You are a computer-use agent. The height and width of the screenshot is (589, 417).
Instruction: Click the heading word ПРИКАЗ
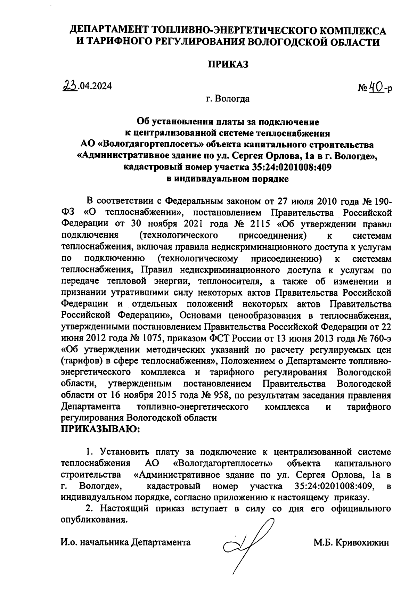click(228, 64)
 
